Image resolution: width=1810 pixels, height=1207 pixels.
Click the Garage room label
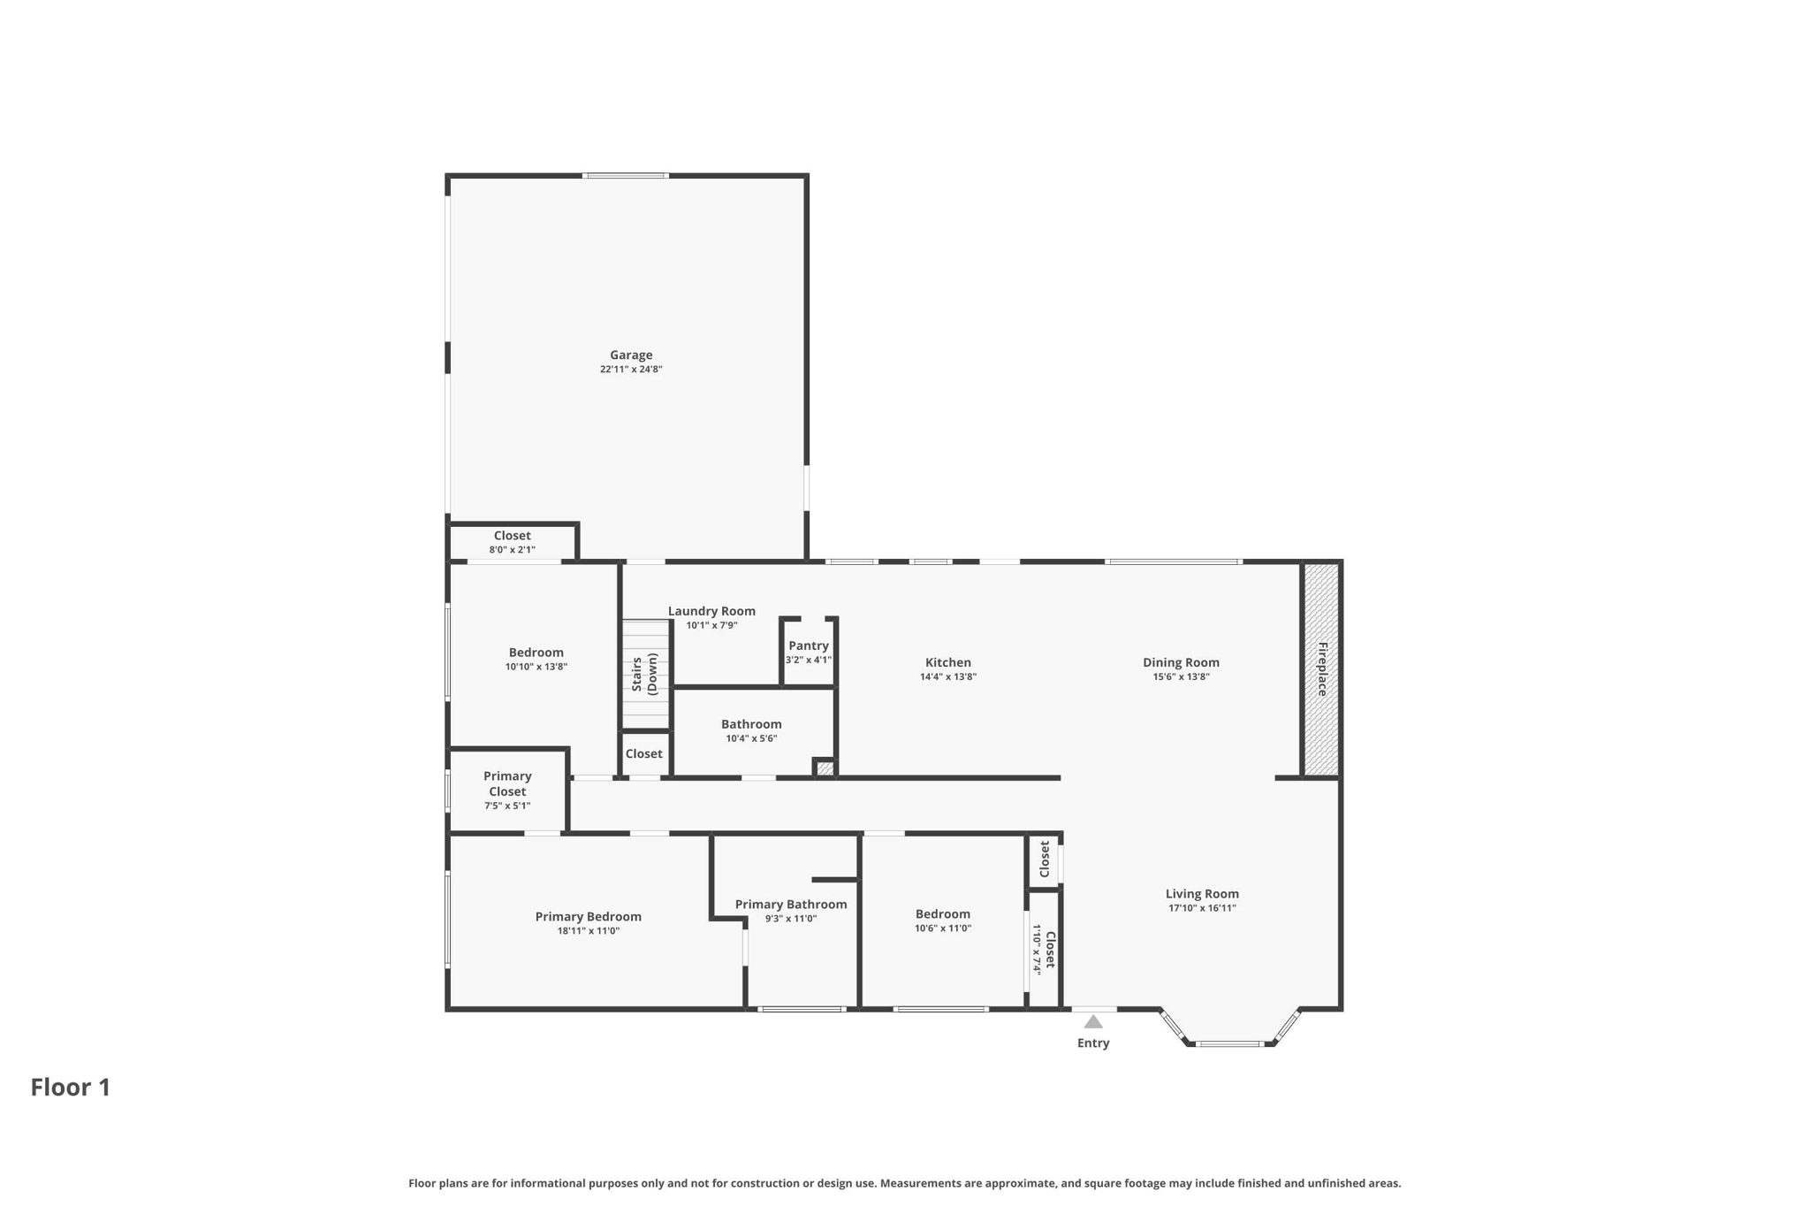631,355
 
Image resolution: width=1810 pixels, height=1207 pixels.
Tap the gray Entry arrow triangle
1093,1022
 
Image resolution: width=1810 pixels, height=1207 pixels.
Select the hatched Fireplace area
1321,669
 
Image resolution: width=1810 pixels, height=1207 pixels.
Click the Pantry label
809,646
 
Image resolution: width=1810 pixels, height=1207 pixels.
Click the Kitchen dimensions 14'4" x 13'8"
947,677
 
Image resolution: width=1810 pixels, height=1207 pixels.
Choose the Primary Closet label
507,783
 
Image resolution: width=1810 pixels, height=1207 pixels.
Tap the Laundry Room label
711,611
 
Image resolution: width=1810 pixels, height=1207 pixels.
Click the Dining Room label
1181,662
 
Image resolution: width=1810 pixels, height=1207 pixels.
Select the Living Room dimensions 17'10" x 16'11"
1202,908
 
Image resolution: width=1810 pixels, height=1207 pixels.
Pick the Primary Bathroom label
791,904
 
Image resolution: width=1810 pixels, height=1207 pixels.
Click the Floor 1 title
71,1088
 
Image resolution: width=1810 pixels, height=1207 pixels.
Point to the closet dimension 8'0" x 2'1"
513,550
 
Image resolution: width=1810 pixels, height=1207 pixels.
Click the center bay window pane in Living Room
1229,1044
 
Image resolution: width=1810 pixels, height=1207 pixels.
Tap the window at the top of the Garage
626,176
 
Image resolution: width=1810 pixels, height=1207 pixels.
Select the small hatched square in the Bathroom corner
825,768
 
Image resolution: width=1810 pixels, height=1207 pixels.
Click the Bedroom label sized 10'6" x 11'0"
943,914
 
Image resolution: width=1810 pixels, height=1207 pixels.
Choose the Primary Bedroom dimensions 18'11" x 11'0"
589,931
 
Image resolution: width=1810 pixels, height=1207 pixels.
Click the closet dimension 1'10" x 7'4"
1037,948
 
